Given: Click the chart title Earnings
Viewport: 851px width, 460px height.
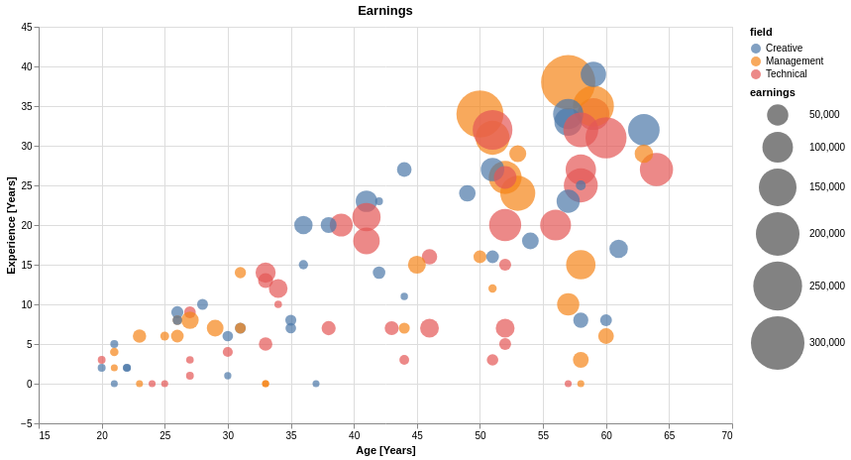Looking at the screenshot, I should click(385, 11).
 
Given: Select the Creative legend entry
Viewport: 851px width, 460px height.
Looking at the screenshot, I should click(784, 49).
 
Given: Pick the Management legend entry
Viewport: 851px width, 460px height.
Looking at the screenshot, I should click(794, 61).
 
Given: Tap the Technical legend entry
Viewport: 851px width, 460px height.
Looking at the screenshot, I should click(786, 74).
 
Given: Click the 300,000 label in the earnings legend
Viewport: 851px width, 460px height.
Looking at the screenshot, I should click(826, 343).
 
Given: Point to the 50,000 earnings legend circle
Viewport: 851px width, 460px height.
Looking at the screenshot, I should click(778, 115).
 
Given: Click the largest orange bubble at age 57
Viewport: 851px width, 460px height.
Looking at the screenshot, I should click(568, 82).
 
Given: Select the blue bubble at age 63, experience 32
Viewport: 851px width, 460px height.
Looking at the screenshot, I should click(644, 130).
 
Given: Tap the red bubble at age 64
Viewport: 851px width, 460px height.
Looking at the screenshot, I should click(656, 170).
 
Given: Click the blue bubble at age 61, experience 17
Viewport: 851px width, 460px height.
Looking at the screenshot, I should click(618, 249).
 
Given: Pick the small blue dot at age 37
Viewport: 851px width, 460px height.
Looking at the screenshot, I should click(316, 384).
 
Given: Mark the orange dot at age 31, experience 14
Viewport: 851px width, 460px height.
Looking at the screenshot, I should click(240, 273).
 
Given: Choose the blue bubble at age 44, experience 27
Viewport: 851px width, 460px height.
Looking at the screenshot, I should click(404, 170).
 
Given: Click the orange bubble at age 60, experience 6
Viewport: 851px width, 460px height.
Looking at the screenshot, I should click(606, 336).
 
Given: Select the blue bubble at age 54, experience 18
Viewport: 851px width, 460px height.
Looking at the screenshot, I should click(530, 241).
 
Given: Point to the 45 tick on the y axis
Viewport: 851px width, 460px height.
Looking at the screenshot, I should click(27, 27).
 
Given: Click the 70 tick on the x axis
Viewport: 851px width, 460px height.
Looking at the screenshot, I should click(727, 435).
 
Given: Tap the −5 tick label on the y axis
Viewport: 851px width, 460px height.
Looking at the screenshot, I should click(25, 423).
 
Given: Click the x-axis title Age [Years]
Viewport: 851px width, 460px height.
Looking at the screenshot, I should click(385, 450).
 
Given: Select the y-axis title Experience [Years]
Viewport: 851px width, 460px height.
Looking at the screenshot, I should click(11, 225).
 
